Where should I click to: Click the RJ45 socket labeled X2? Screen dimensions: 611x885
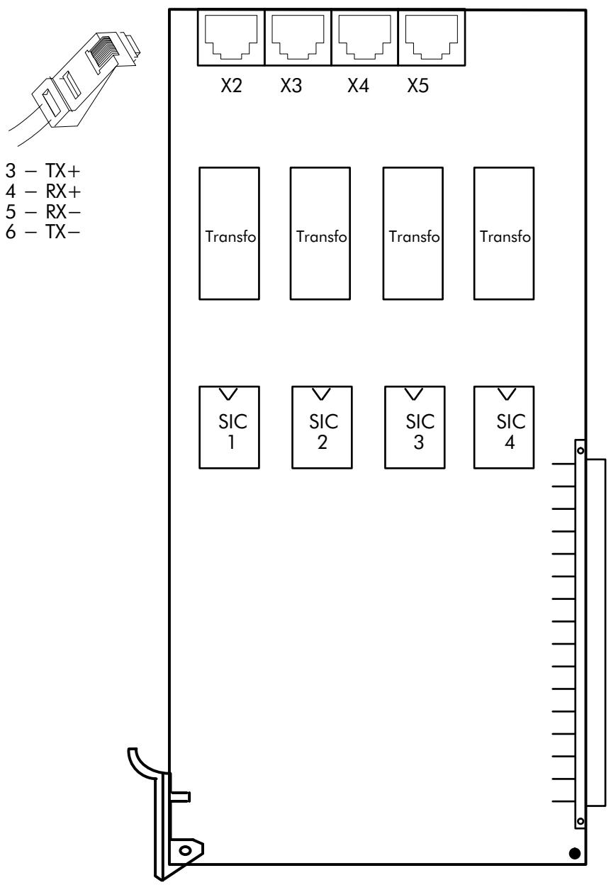point(231,37)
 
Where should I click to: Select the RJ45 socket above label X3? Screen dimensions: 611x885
point(298,37)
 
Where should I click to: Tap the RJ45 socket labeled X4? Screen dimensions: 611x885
point(364,37)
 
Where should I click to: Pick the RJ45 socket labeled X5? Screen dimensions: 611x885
point(432,37)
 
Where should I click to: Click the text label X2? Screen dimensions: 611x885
point(231,85)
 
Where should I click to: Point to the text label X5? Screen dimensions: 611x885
point(418,85)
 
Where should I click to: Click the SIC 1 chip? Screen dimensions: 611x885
point(229,427)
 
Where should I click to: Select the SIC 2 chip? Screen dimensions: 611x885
point(322,427)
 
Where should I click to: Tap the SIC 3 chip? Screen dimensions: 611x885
point(415,427)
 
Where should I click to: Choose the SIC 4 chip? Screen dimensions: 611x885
point(504,427)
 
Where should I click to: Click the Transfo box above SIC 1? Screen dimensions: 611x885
point(229,233)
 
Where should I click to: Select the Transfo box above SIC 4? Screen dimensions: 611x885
point(504,233)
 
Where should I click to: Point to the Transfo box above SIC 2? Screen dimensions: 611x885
point(320,233)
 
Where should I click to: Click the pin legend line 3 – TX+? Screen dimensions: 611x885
point(43,171)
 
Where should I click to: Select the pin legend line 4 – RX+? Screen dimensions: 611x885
point(43,191)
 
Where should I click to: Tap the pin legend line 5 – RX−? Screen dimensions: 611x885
point(43,212)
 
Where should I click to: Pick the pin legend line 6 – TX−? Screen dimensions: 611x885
point(43,231)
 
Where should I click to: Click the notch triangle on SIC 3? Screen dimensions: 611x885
point(414,394)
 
